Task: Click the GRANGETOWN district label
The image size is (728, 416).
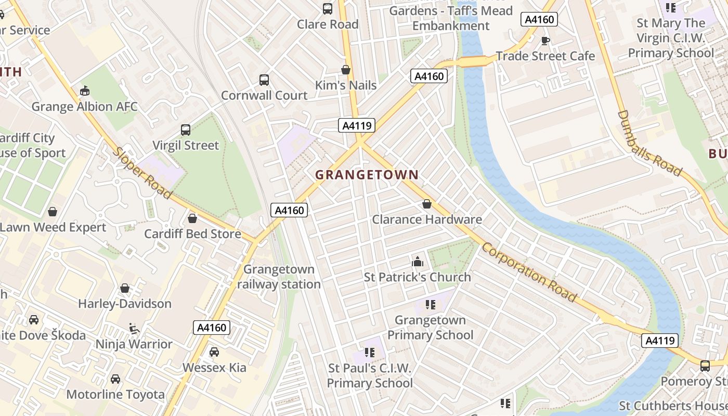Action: pos(367,175)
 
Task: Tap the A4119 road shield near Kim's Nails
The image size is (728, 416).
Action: pos(357,125)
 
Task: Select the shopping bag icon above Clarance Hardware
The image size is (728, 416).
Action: pos(427,204)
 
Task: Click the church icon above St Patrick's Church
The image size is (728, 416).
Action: pos(417,262)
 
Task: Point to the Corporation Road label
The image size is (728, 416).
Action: pos(529,272)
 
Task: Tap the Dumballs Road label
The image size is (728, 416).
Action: pos(649,143)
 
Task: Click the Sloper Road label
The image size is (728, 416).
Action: pos(142,173)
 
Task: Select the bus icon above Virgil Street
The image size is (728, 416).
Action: pos(186,130)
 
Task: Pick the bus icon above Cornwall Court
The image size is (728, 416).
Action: pos(264,80)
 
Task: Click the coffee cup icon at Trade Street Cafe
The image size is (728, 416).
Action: pos(545,41)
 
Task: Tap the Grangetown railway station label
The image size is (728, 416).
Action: pos(279,277)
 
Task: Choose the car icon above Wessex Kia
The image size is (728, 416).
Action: pos(214,352)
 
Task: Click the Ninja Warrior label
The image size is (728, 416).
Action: pos(134,344)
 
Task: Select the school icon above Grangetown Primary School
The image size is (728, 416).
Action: pos(430,304)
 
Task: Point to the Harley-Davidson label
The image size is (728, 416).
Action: pos(125,304)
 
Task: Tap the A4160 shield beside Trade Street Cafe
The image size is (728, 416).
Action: pos(539,20)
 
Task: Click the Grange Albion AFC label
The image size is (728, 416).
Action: pos(85,107)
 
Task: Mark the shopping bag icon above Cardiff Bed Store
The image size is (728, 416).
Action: pos(192,218)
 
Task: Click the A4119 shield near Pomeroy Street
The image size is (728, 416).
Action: pos(660,341)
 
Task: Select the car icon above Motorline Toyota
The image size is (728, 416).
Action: pos(115,379)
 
